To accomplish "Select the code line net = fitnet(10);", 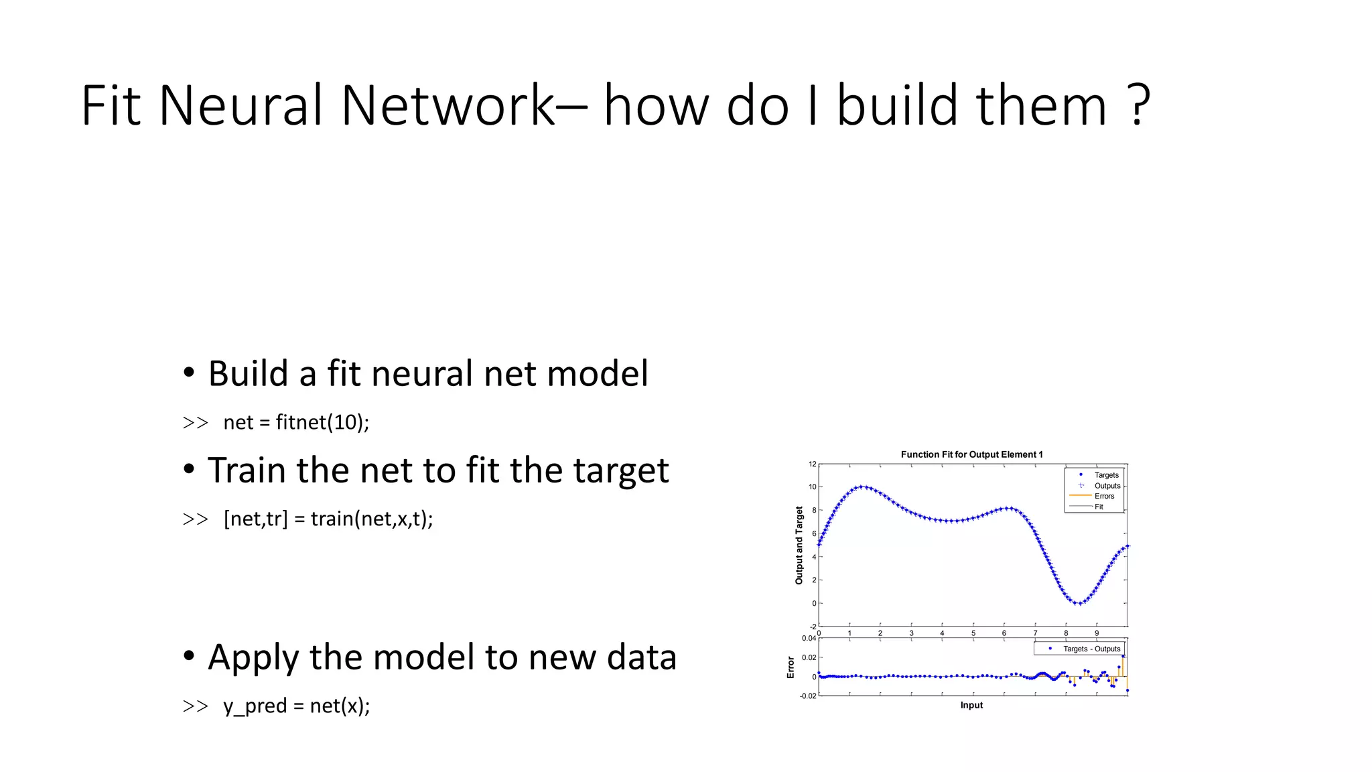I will pos(295,422).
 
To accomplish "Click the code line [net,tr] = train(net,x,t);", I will pos(328,519).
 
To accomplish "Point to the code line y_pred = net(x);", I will pos(296,706).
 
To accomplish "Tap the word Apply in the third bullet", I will pos(253,657).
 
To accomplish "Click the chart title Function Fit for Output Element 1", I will pos(971,454).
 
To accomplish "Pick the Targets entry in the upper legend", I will pos(1106,475).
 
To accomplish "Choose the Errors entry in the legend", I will pos(1104,497).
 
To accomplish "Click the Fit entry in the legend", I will pos(1099,507).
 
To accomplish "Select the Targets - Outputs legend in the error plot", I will pos(1091,649).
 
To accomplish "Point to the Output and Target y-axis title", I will pos(799,545).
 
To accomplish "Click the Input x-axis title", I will pos(971,705).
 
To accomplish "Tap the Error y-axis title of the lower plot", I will pos(791,667).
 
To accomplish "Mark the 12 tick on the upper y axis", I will pos(813,464).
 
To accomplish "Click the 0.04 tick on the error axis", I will pos(809,638).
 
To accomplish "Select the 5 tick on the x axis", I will pos(973,633).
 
